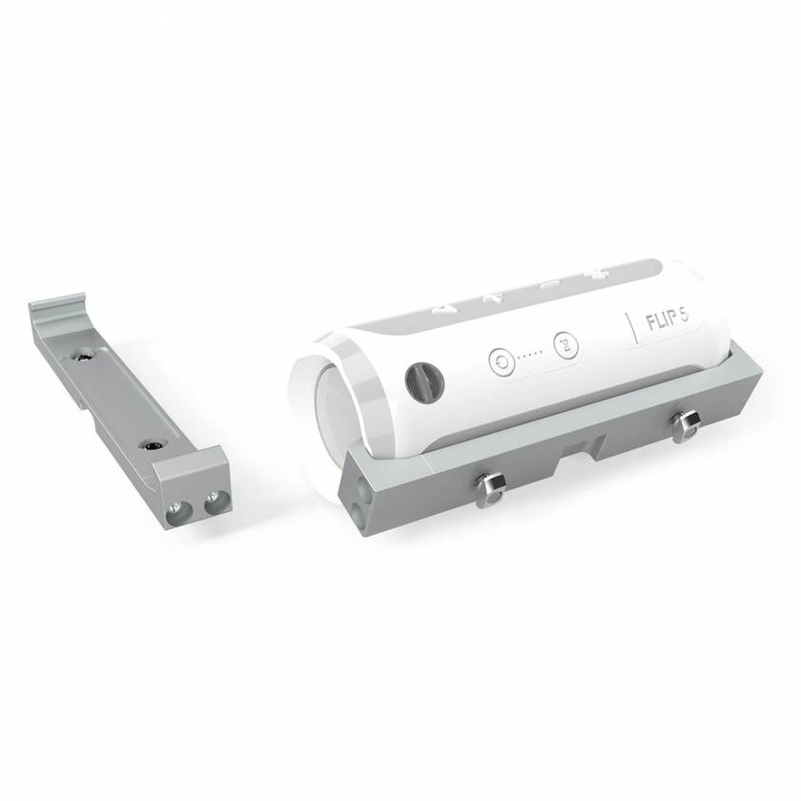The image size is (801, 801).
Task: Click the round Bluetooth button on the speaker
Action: coord(564,344)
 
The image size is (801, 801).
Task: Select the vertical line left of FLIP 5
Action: coord(630,326)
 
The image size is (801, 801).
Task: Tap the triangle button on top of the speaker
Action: coord(443,308)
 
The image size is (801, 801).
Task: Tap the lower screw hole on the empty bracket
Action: coord(152,444)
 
